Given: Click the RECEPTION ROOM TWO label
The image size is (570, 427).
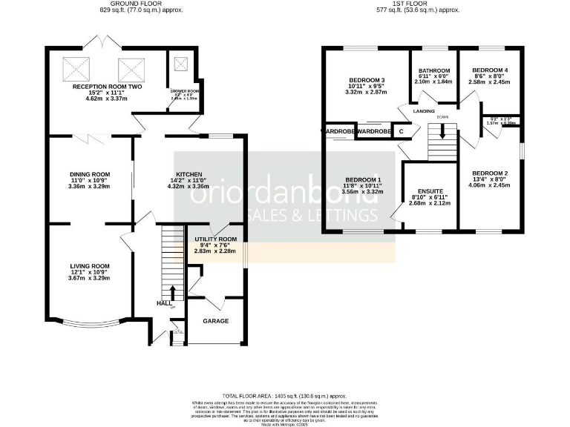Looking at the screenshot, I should pyautogui.click(x=107, y=87).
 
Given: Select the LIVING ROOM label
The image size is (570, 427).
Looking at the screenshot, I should pyautogui.click(x=89, y=266).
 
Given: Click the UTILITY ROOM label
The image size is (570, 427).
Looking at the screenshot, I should pyautogui.click(x=215, y=239).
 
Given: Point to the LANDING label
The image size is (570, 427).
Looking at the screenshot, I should pyautogui.click(x=425, y=112).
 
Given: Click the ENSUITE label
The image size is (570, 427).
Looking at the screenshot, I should pyautogui.click(x=430, y=191).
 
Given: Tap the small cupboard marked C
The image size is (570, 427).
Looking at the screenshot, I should pyautogui.click(x=402, y=130).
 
